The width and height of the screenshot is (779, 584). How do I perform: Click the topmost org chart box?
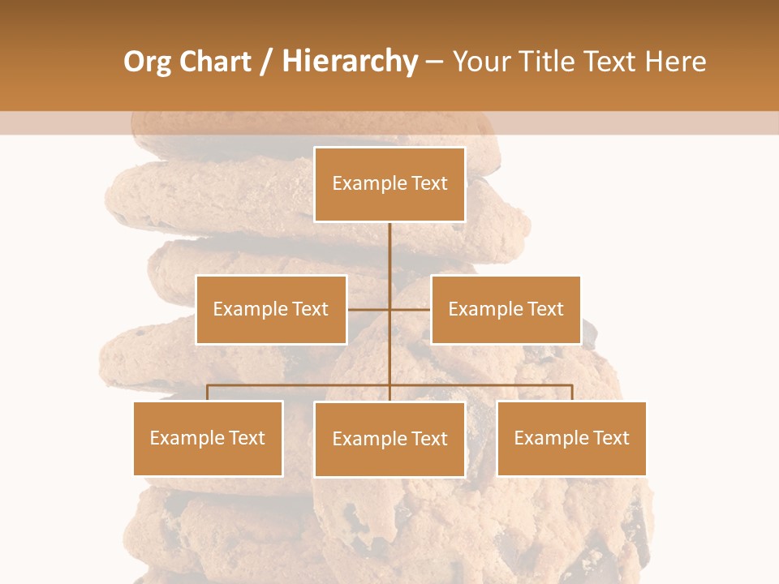click(x=389, y=184)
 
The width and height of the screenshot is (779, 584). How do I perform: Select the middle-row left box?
click(x=271, y=309)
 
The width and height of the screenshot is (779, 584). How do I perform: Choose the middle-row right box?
click(x=506, y=309)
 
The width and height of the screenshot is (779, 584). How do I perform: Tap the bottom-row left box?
click(x=208, y=438)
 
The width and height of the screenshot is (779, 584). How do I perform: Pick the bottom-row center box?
click(x=389, y=439)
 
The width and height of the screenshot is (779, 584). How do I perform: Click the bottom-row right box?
click(x=571, y=438)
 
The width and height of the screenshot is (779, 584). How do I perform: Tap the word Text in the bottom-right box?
click(x=610, y=438)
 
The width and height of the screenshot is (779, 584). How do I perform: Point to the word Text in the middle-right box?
click(x=544, y=309)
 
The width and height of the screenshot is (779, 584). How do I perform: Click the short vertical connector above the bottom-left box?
click(x=208, y=393)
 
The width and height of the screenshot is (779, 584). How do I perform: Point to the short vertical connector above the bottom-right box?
click(x=571, y=393)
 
